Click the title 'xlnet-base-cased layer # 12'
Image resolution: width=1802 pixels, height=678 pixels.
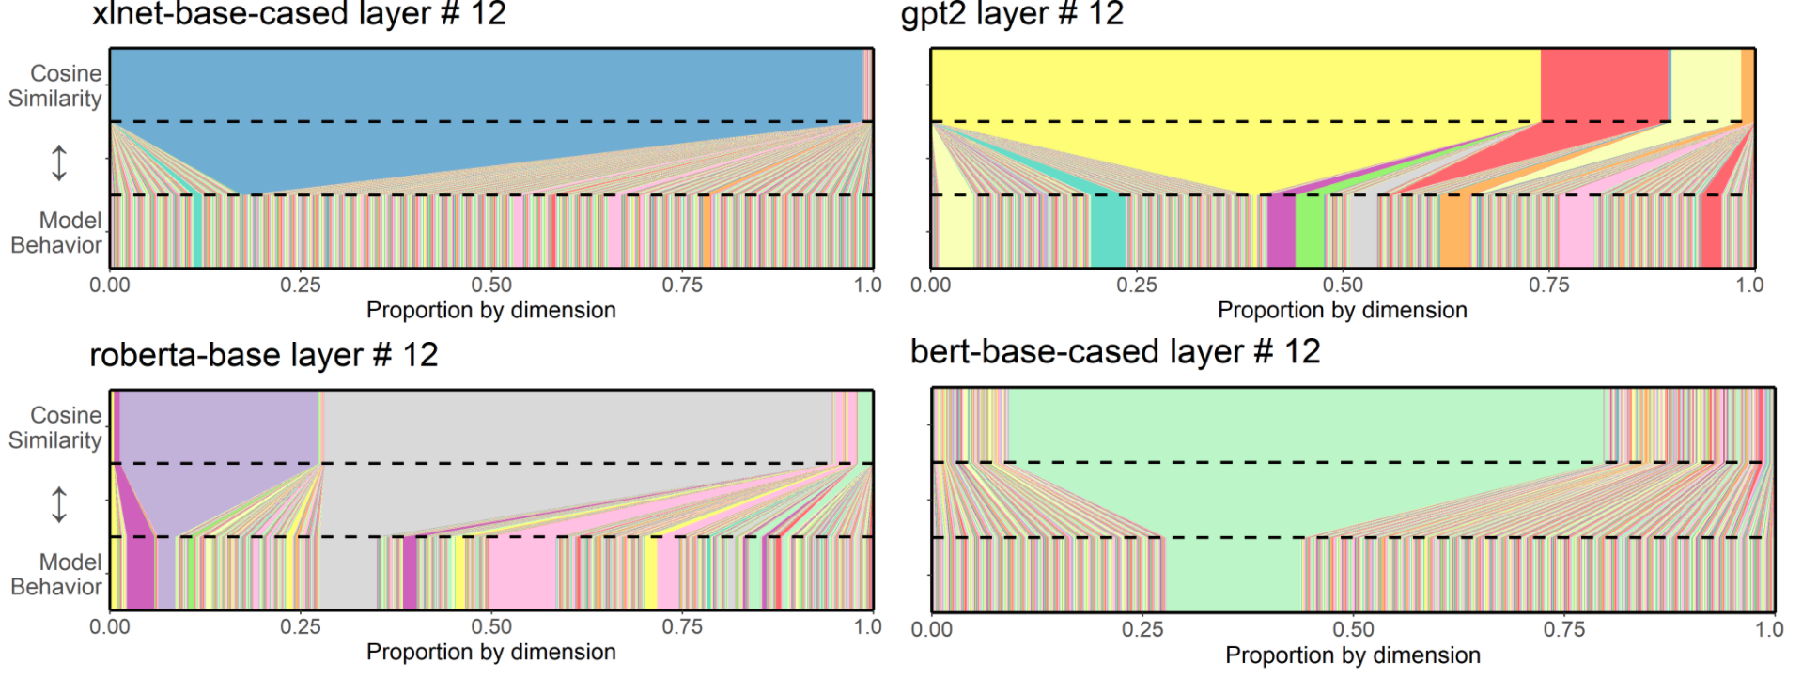click(x=299, y=14)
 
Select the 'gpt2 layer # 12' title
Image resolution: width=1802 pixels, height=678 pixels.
click(x=1012, y=14)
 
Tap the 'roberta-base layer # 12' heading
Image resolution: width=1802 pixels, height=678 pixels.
click(x=264, y=355)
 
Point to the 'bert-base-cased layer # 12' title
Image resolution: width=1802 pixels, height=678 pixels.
click(x=1115, y=352)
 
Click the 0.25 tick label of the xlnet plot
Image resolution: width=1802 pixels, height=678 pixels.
click(x=301, y=285)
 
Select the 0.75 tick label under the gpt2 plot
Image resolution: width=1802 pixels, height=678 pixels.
click(x=1548, y=285)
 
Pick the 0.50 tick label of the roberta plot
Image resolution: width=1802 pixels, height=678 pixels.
click(x=491, y=627)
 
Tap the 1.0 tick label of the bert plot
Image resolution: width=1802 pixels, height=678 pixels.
click(x=1769, y=629)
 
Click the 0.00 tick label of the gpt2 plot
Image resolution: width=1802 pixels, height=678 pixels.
click(x=930, y=285)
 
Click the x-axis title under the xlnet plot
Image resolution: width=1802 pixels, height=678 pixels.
click(x=490, y=311)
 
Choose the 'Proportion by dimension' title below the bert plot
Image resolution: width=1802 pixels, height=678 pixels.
click(x=1352, y=655)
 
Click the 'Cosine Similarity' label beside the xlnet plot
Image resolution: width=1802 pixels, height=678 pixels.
click(x=56, y=85)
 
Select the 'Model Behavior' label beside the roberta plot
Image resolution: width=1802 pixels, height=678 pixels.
click(x=56, y=575)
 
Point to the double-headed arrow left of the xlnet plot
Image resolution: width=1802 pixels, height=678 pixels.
click(x=59, y=162)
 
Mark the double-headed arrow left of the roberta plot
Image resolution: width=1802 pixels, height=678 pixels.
click(x=59, y=504)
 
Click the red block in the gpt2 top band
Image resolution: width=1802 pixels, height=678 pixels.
click(x=1604, y=85)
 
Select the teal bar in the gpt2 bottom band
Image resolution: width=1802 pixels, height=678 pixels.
click(x=1108, y=232)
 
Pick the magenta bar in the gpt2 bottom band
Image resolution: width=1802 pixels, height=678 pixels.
click(x=1281, y=232)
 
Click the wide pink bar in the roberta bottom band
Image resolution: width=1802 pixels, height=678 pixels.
click(x=521, y=574)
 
